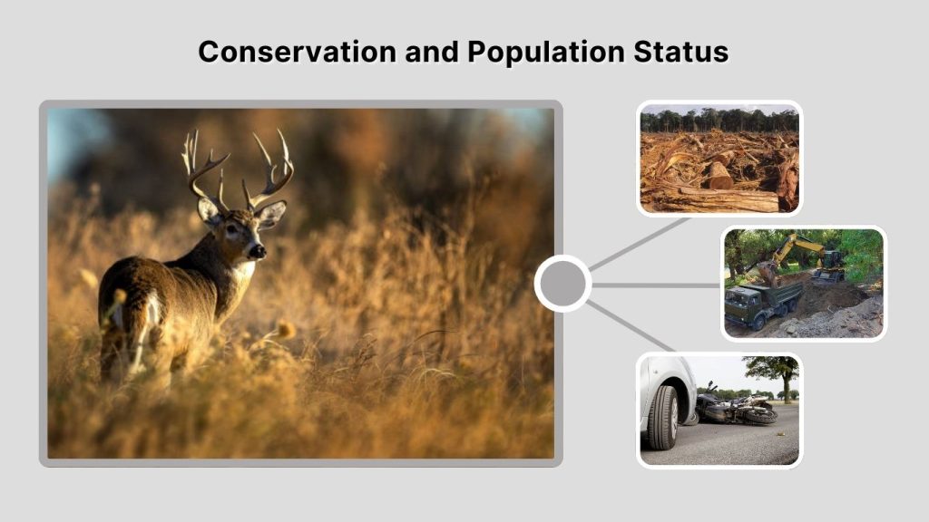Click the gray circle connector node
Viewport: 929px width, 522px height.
562,284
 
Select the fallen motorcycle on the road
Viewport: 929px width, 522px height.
736,409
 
